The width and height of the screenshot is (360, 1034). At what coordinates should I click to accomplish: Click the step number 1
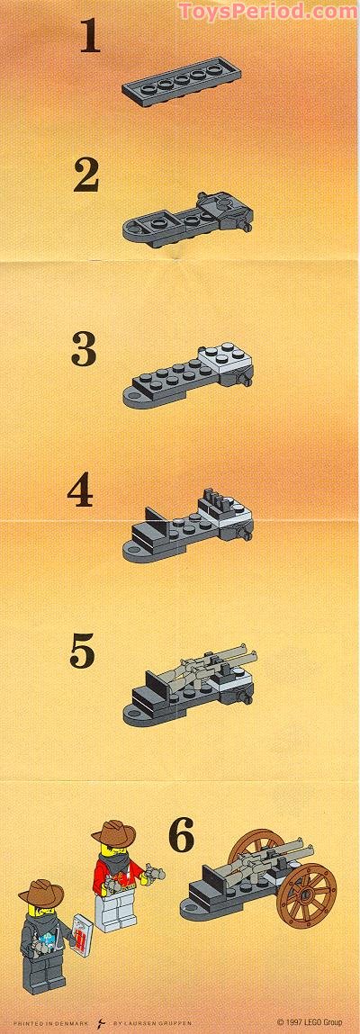click(x=89, y=37)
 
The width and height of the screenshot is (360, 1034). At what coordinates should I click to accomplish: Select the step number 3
click(x=84, y=349)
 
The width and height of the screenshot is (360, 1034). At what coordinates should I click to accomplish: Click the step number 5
click(x=82, y=652)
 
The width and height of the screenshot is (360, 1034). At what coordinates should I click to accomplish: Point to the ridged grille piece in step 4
click(x=214, y=498)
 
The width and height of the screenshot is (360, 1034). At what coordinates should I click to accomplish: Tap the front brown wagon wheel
click(x=308, y=892)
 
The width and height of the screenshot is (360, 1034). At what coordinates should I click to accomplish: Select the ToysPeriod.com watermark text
click(x=267, y=11)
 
